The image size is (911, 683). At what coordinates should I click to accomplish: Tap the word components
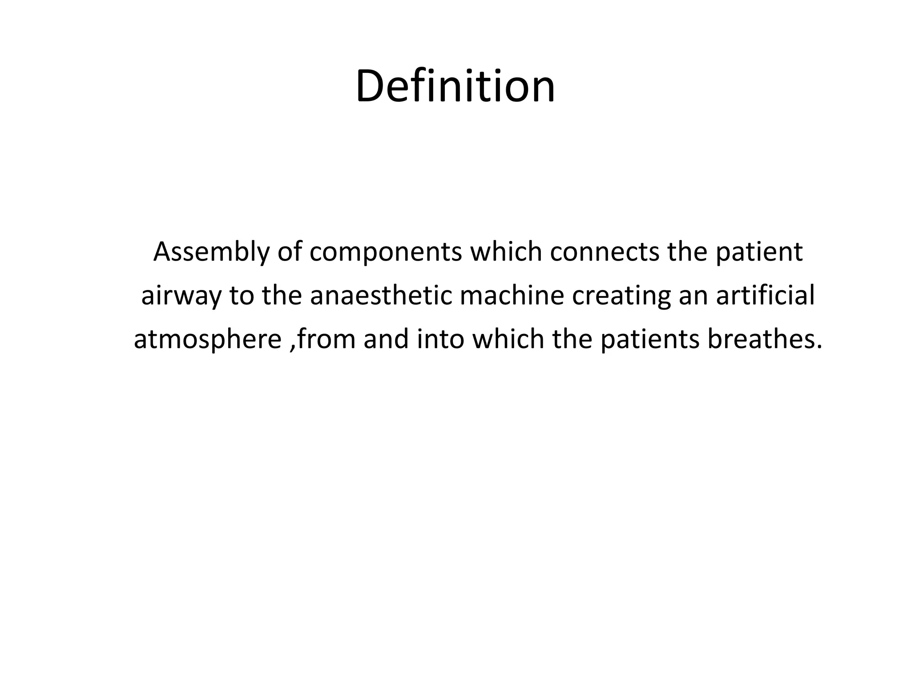[x=386, y=252]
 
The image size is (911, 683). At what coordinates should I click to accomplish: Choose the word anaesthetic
[x=380, y=296]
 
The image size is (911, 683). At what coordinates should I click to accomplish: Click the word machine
[x=512, y=296]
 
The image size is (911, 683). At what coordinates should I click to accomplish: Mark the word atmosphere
[x=207, y=339]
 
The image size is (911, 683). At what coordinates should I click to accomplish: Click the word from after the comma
[x=326, y=339]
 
